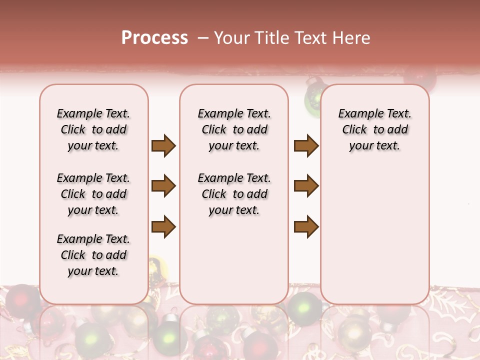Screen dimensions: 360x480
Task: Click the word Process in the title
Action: coord(154,38)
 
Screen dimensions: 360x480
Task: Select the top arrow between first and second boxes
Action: coord(163,145)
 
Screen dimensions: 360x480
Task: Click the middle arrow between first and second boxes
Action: coord(163,186)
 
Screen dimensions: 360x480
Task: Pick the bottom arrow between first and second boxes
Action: coord(163,226)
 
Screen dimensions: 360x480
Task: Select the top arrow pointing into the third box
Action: coord(306,145)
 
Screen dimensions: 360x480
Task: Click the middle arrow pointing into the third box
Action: coord(306,186)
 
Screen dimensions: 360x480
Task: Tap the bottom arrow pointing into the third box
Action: coord(306,226)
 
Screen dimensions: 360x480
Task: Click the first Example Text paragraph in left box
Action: coord(93,129)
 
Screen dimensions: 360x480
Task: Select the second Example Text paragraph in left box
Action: coord(93,194)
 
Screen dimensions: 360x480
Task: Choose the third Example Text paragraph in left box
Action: coord(93,255)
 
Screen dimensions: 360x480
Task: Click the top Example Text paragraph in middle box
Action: coord(234,129)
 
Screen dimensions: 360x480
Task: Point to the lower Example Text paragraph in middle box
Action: coord(234,194)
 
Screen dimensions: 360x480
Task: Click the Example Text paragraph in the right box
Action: coord(374,129)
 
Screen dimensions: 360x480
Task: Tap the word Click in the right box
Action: coord(354,129)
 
